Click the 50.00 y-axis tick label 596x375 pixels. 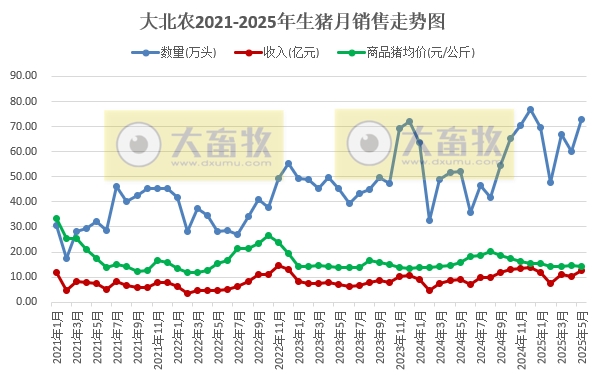[23, 176]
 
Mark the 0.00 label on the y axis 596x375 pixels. [26, 302]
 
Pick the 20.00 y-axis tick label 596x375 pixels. [23, 251]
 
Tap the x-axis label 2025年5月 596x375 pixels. [581, 338]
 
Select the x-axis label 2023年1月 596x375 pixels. [298, 338]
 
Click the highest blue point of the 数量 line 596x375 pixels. [530, 109]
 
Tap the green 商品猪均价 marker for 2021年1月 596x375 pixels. [56, 218]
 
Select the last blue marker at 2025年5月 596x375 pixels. [581, 119]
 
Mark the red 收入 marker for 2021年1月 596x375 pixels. [56, 272]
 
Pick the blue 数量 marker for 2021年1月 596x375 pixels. [56, 225]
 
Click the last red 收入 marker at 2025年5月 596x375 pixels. [581, 270]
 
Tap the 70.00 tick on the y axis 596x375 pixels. [23, 126]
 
